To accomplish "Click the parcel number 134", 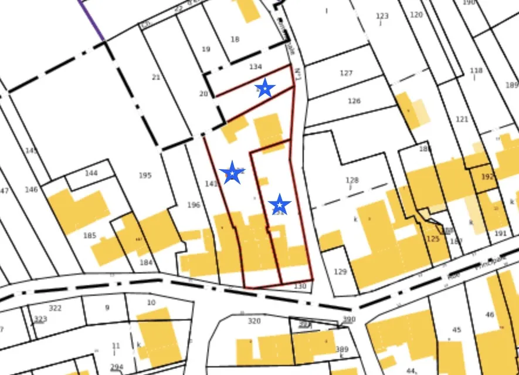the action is coord(255,67).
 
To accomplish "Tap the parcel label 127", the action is coord(346,73).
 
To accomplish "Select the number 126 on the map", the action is coord(354,101).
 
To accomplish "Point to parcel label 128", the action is coord(352,180).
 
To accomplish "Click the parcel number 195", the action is coord(145,175).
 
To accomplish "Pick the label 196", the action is coord(194,205).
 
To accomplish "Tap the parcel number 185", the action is coord(90,236).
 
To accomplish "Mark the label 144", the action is coord(91,173).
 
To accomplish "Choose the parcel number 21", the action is coord(156,77).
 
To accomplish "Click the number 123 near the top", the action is coord(382,16).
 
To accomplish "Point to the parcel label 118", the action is coord(476,70).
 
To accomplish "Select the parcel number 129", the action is coord(340,272).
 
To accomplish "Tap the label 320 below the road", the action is coord(254,321).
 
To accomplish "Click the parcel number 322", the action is coord(55,308).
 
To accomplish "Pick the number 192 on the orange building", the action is coord(488,176).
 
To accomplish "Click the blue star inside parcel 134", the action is coord(265,89).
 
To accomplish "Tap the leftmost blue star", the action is coord(232,173).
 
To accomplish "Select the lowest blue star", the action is coord(280,205).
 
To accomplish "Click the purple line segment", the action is coord(91,20).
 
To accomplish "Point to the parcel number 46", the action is coord(490,315).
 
